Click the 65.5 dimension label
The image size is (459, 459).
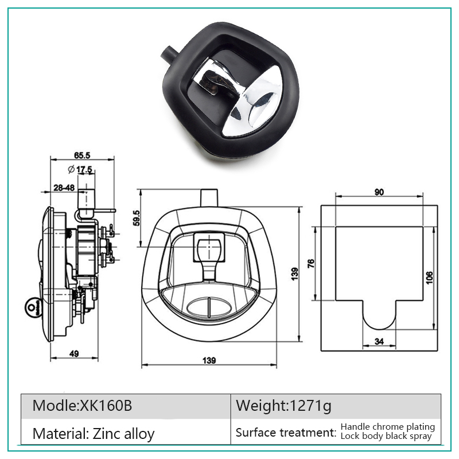click(x=82, y=155)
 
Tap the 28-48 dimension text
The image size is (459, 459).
click(x=64, y=188)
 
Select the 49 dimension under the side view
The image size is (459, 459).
click(x=74, y=353)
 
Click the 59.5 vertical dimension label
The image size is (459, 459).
click(x=137, y=218)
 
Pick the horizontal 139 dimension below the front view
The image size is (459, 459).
click(x=209, y=360)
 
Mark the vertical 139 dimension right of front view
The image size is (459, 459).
click(x=295, y=274)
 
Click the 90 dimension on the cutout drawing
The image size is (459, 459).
click(x=379, y=192)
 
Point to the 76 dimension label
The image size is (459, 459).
click(x=311, y=263)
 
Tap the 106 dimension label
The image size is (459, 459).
click(x=429, y=277)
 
